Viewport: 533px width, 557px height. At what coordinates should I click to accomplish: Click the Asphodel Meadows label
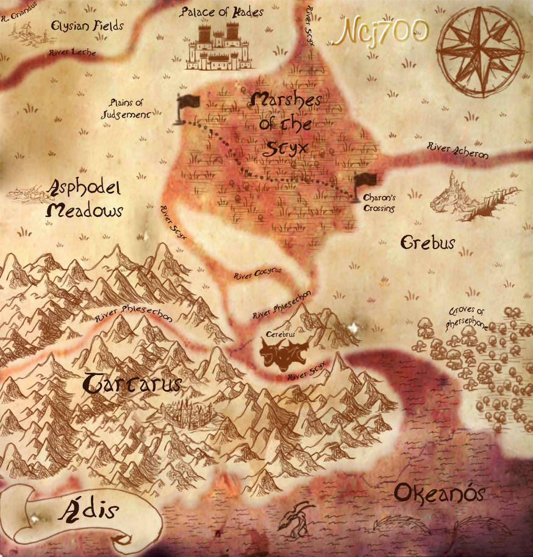click(85, 199)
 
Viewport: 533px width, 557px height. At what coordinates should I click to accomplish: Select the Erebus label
click(427, 243)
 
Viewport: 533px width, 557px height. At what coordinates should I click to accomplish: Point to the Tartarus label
click(132, 383)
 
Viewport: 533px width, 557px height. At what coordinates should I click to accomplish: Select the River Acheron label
click(457, 150)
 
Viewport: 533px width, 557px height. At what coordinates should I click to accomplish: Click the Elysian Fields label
click(88, 26)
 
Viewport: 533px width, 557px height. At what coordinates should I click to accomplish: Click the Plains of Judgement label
click(126, 108)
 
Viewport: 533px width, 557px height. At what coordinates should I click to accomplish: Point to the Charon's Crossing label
click(379, 203)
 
